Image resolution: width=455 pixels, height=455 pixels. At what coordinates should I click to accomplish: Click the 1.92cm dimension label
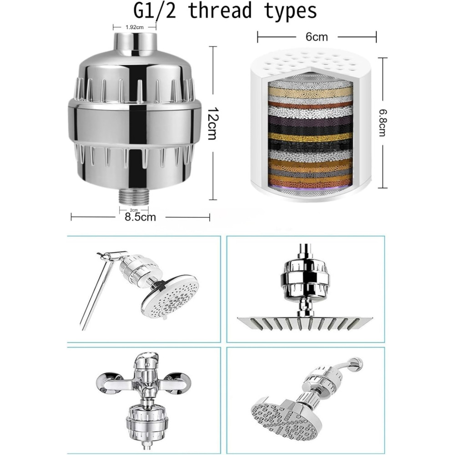(x=134, y=27)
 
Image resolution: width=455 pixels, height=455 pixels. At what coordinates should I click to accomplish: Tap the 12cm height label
(x=213, y=123)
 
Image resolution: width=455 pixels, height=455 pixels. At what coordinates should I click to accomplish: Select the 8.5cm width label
(x=140, y=217)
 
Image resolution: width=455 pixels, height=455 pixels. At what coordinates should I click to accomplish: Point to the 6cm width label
(x=317, y=37)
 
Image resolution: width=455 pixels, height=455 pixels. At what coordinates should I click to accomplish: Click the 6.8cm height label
(x=382, y=123)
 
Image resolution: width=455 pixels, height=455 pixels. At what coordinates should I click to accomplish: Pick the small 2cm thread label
(x=134, y=210)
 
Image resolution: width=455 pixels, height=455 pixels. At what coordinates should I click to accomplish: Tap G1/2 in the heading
(x=155, y=12)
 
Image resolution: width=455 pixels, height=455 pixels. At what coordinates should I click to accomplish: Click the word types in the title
(x=290, y=12)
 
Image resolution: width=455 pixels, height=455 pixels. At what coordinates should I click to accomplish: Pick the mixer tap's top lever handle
(x=148, y=359)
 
